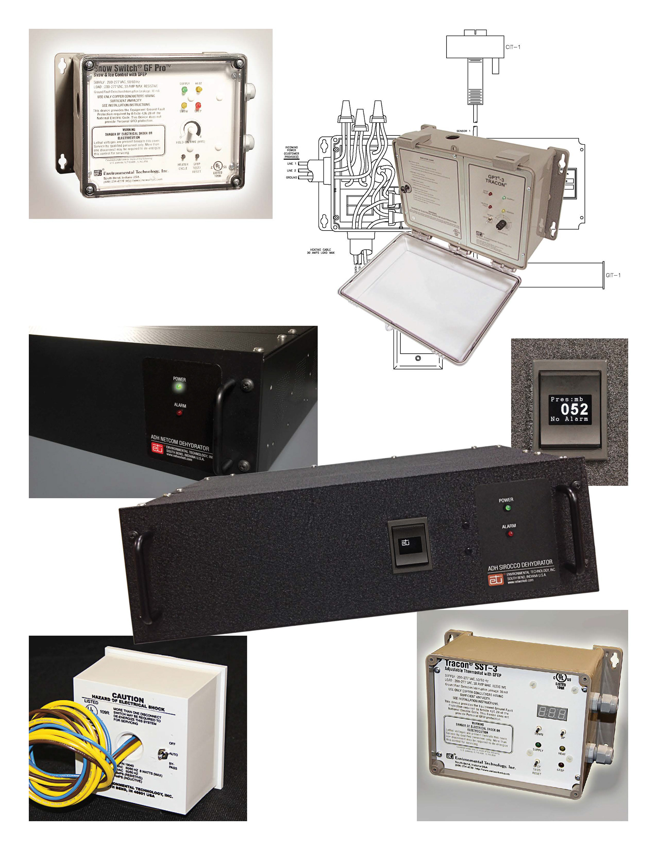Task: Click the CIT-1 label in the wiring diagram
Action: click(513, 47)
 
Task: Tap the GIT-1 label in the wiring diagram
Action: click(613, 275)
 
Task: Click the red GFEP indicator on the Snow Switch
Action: click(198, 105)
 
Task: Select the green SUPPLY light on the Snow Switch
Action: click(184, 90)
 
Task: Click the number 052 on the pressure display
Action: click(574, 409)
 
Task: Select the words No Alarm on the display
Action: click(569, 419)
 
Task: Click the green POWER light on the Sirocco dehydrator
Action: click(507, 508)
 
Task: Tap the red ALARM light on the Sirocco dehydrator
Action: click(510, 534)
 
